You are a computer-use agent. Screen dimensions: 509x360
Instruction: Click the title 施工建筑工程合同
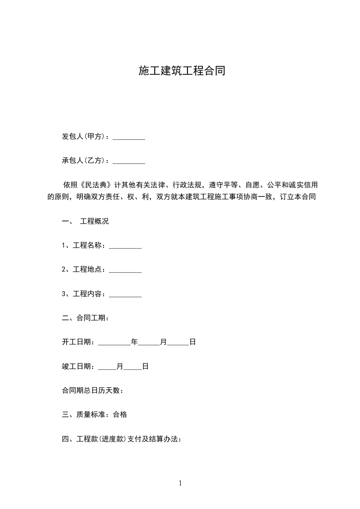182,71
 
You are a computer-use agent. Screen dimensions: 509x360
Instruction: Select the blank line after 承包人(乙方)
128,161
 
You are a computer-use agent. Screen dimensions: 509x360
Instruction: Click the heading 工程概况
94,222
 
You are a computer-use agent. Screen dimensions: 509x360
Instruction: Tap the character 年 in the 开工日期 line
134,343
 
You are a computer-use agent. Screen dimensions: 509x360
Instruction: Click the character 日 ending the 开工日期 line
192,343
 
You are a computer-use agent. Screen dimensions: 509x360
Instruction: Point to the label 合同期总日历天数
92,391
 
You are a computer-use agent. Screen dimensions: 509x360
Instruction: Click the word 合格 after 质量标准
120,415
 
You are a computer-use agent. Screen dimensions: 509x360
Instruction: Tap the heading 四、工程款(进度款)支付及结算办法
122,439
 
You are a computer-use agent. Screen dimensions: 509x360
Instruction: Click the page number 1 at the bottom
180,484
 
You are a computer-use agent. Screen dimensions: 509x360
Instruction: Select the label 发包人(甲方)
85,137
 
